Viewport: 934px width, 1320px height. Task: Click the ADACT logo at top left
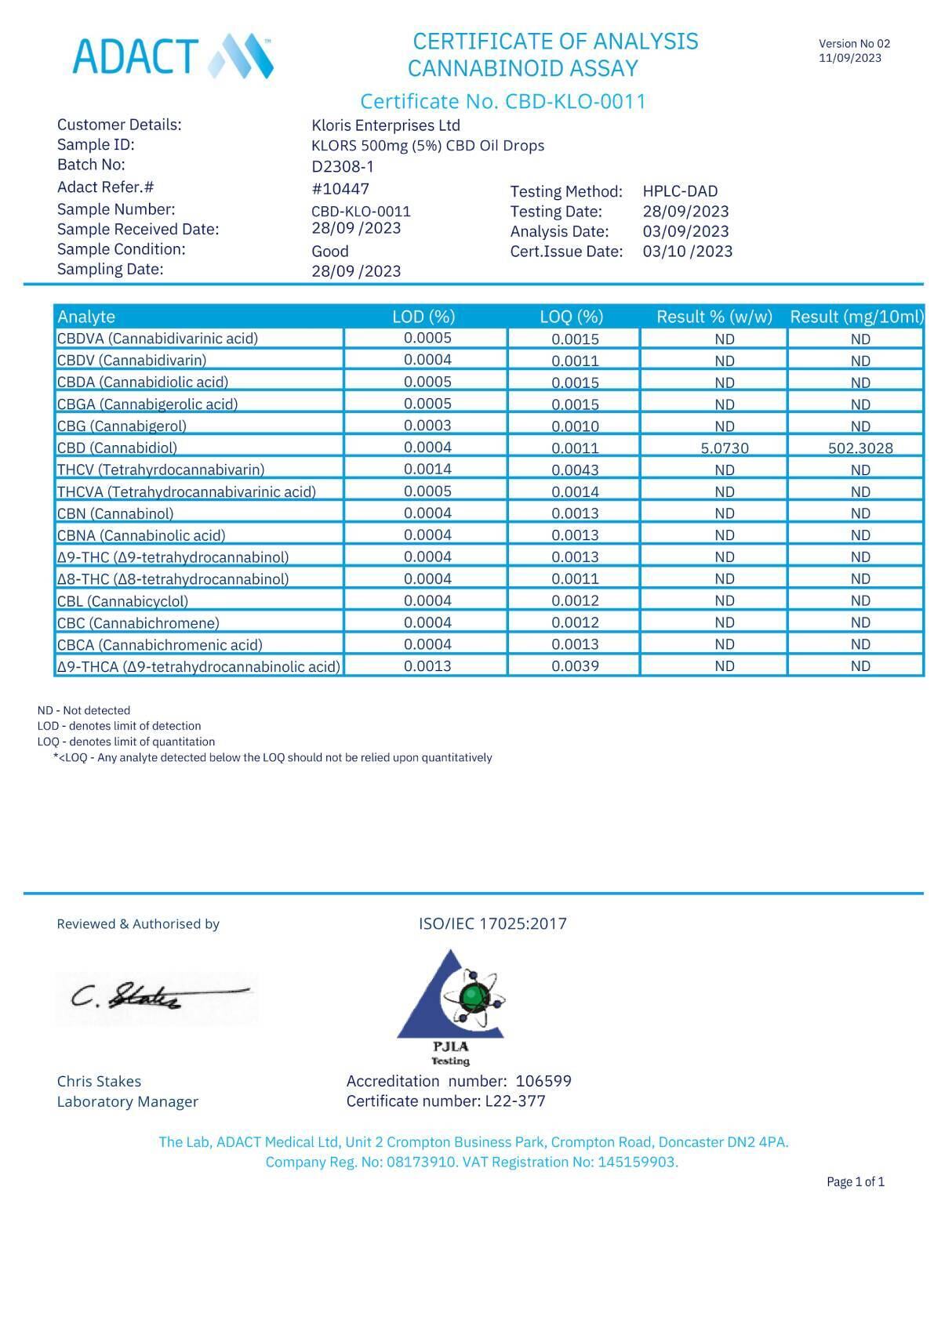tap(173, 56)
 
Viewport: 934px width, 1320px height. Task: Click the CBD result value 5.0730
tap(724, 448)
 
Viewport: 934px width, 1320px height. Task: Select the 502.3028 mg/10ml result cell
tap(859, 448)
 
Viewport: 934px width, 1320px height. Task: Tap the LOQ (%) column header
tap(572, 317)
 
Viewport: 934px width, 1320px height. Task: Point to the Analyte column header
tap(86, 317)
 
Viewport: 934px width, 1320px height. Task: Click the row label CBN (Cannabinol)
tap(115, 513)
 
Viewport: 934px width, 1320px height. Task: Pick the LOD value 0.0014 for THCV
tap(427, 469)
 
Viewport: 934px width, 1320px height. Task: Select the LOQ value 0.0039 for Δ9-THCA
tap(575, 666)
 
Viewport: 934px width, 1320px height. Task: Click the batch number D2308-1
tap(343, 166)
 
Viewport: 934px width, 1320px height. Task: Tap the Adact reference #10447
tap(340, 189)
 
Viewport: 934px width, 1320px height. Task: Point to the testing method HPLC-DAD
tap(680, 191)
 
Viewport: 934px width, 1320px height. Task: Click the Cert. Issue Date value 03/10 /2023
tap(687, 252)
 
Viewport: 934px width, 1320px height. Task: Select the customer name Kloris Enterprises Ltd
tap(386, 125)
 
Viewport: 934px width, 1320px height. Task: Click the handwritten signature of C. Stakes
tap(157, 996)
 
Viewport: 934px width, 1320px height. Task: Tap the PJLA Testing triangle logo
tap(451, 1003)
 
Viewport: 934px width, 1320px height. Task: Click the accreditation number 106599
tap(543, 1081)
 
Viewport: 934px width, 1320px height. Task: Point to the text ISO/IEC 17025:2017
tap(492, 923)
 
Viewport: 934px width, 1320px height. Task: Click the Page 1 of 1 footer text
tap(855, 1181)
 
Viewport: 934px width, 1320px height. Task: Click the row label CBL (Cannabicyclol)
tap(122, 601)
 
